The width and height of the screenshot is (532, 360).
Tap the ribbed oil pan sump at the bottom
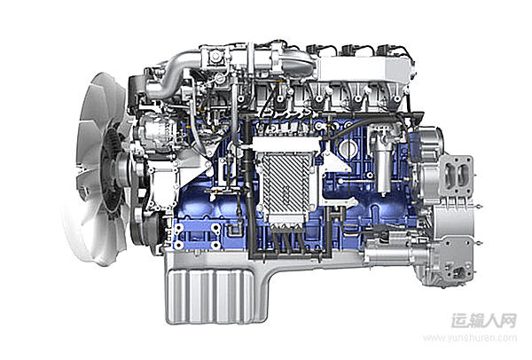tap(209, 296)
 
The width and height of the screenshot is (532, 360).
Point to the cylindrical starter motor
tap(387, 252)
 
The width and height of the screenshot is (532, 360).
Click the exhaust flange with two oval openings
tap(456, 176)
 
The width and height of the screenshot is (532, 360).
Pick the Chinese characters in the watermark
tap(483, 320)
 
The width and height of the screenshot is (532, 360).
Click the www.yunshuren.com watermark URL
tap(470, 338)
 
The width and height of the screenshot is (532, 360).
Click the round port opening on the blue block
tap(347, 147)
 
